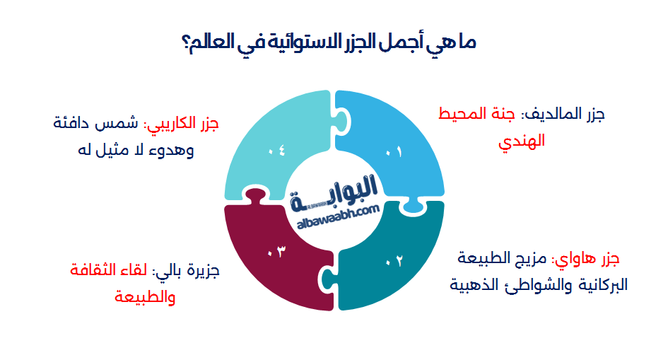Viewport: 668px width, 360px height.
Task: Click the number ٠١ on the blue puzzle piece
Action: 394,151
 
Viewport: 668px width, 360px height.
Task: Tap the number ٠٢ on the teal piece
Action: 394,261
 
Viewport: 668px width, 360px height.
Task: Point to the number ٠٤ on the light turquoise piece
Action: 276,151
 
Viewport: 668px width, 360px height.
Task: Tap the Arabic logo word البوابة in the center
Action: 334,193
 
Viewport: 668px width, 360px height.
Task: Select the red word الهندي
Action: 522,141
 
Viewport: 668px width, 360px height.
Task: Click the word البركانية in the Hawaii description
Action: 603,284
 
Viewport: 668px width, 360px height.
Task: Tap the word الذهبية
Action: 468,284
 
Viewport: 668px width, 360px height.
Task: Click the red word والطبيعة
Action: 145,296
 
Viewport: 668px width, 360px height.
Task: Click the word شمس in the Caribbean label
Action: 116,123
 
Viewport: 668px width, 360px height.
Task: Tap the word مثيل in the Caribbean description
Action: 113,150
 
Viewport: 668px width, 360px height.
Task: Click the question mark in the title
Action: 186,42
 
